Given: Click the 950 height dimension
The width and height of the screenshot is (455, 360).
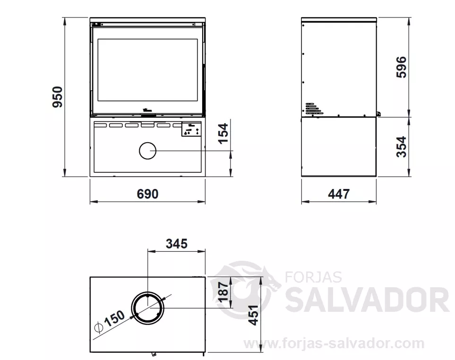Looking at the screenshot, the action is pos(58,97).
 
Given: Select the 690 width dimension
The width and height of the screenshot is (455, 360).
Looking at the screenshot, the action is pos(148,194).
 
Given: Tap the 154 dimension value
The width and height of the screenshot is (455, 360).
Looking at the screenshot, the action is pos(223,133).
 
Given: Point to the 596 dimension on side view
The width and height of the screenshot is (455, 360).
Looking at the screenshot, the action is pos(402,67).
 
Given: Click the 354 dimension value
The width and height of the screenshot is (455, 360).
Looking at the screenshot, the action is pos(402,147).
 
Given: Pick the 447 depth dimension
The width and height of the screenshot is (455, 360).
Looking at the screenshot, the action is pos(339,194).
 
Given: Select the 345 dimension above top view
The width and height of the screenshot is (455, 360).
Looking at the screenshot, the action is pos(177,244).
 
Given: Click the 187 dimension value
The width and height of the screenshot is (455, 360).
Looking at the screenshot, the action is pos(224,291).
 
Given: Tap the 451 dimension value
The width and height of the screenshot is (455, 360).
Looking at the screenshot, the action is pos(254,315).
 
